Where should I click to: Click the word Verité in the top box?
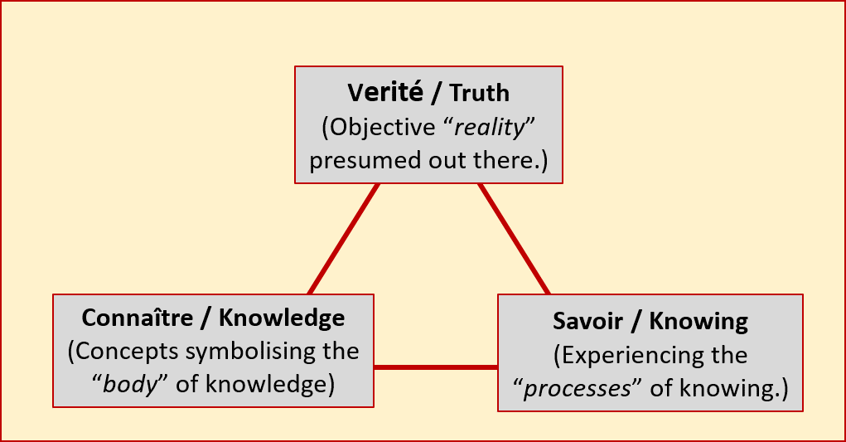pos(382,93)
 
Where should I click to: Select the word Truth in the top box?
pos(480,93)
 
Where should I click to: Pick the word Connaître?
pos(135,318)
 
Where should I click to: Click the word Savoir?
pos(583,321)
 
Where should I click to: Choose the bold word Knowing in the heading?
pos(699,321)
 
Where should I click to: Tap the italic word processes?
pos(581,388)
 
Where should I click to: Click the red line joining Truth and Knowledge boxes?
pos(343,239)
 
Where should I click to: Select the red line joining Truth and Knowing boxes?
pos(514,239)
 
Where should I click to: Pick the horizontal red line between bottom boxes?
pos(435,367)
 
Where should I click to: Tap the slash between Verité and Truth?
pos(436,93)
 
